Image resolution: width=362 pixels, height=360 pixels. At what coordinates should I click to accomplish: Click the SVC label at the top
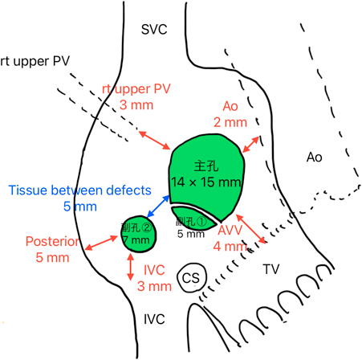(x=154, y=30)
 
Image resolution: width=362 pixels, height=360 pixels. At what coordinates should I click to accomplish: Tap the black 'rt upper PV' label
(x=35, y=61)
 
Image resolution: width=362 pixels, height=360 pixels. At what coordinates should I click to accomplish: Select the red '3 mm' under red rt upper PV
(x=136, y=104)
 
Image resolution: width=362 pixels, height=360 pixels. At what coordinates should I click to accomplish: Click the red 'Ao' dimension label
(x=230, y=106)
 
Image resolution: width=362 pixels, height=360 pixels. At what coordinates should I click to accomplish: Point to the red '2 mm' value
(x=230, y=122)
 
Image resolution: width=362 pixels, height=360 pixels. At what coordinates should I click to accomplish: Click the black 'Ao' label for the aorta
(x=315, y=157)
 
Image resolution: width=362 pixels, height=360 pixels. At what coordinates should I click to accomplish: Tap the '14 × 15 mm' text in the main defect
(x=206, y=182)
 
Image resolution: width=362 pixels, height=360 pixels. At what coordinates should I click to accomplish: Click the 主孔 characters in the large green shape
(x=206, y=166)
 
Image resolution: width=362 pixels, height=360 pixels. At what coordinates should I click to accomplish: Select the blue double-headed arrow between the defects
(x=158, y=207)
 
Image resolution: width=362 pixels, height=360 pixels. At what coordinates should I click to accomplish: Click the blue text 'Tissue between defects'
(x=80, y=190)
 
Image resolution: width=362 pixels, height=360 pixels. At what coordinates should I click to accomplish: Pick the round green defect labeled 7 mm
(x=138, y=234)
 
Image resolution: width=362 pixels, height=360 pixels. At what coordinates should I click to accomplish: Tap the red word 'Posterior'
(x=52, y=241)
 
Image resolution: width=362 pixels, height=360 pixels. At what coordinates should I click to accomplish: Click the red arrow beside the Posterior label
(x=101, y=243)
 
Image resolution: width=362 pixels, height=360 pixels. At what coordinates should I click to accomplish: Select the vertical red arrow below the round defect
(x=131, y=267)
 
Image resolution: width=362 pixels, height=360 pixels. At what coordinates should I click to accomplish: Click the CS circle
(x=192, y=277)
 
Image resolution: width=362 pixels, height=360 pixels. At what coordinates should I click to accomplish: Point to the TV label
(x=271, y=269)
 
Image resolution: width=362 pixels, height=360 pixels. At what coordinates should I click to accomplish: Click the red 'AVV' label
(x=230, y=230)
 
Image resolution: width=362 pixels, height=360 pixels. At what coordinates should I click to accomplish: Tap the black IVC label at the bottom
(x=154, y=319)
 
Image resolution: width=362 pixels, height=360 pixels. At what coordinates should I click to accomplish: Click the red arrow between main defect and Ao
(x=250, y=145)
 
